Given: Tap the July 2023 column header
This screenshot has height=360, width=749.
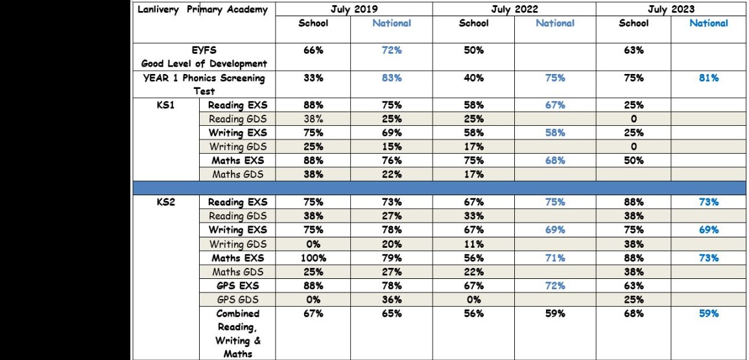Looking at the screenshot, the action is click(671, 9).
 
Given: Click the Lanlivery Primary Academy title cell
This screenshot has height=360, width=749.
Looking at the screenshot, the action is click(202, 10).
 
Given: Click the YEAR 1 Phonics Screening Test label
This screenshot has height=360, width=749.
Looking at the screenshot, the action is click(204, 84).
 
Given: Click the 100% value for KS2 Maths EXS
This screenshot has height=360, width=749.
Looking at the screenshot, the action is click(313, 258).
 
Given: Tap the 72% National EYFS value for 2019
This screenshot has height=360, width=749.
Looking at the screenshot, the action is click(392, 50).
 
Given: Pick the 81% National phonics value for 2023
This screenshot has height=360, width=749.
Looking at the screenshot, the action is click(708, 78).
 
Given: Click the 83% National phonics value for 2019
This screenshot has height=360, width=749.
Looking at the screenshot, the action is click(392, 78).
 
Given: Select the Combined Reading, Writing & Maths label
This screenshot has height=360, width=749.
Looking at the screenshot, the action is click(238, 334).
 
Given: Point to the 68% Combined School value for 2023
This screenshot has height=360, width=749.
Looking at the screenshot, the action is click(634, 314).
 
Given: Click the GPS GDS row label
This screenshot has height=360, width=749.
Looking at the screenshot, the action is click(237, 300).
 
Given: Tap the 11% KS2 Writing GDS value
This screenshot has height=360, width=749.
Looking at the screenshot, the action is click(474, 245).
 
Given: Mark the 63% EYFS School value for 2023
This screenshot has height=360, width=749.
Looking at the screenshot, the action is click(634, 50).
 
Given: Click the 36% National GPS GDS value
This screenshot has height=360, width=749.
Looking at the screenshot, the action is click(392, 300).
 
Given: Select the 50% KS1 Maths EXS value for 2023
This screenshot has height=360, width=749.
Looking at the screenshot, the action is click(634, 160).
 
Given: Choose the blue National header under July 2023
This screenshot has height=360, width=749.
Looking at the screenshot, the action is click(708, 23).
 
